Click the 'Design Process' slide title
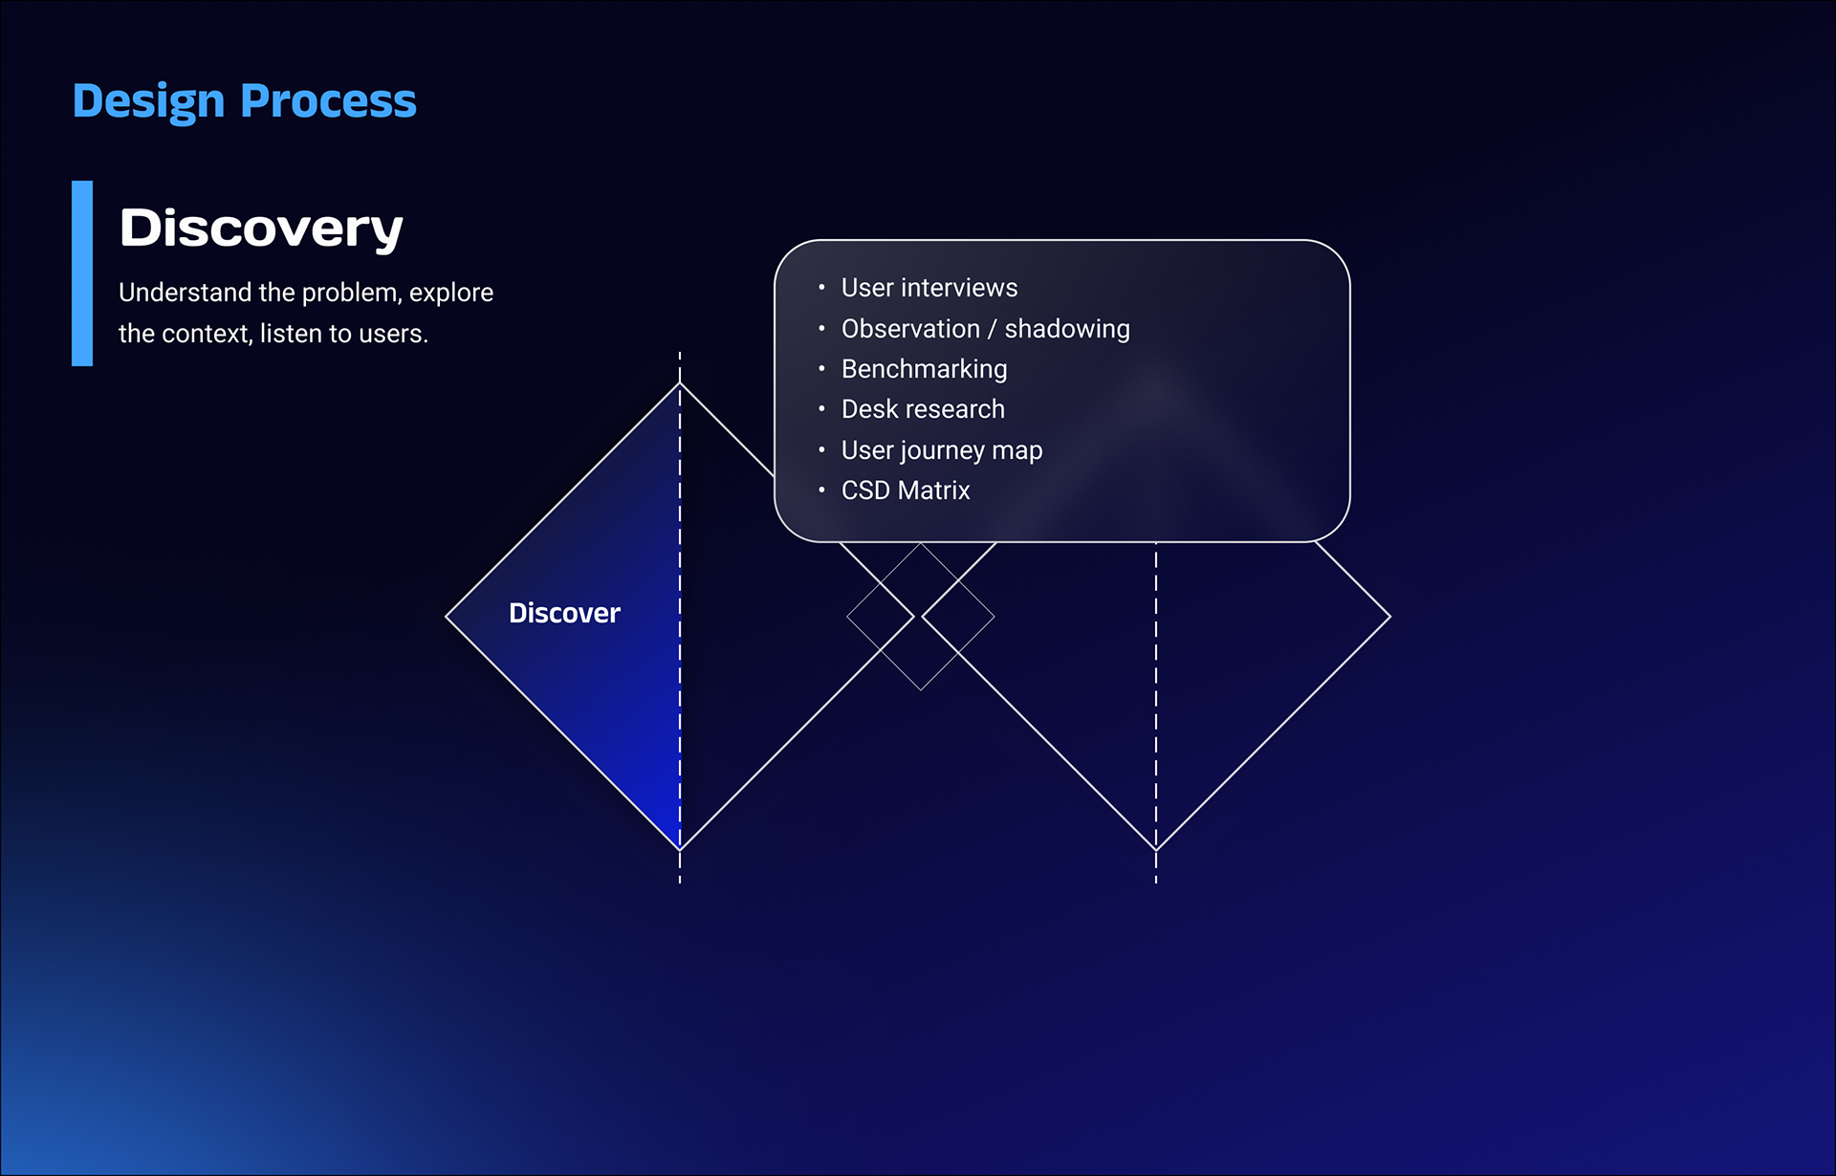[245, 101]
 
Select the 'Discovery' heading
[261, 229]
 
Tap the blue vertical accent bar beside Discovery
[82, 273]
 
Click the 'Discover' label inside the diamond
[564, 613]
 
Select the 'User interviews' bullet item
[929, 288]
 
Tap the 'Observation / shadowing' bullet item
[986, 329]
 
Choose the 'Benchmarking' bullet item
[925, 369]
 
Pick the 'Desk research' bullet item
[923, 409]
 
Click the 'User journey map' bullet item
[942, 450]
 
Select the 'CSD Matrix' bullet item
[906, 490]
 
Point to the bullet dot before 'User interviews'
[821, 287]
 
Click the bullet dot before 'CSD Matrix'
[821, 490]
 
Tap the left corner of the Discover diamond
[447, 617]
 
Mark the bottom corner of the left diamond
[680, 849]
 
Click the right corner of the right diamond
[1390, 617]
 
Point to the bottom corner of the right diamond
[1156, 849]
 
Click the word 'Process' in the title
[329, 101]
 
